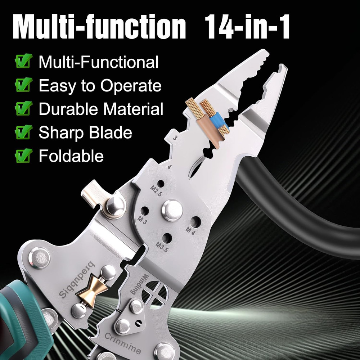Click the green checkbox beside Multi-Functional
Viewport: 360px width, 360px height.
click(x=24, y=62)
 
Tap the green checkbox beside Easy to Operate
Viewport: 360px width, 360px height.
click(x=24, y=86)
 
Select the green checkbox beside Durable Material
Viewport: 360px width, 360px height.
click(x=24, y=109)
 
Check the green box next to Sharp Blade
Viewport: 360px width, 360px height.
click(x=24, y=133)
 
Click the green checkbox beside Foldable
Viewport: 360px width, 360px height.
click(x=24, y=156)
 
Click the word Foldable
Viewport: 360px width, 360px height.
click(x=71, y=156)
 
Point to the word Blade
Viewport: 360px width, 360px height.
click(x=111, y=133)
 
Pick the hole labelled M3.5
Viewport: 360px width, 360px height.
click(x=167, y=238)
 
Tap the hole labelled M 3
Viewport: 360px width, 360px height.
click(x=144, y=211)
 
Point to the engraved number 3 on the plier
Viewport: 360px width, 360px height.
click(x=175, y=138)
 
